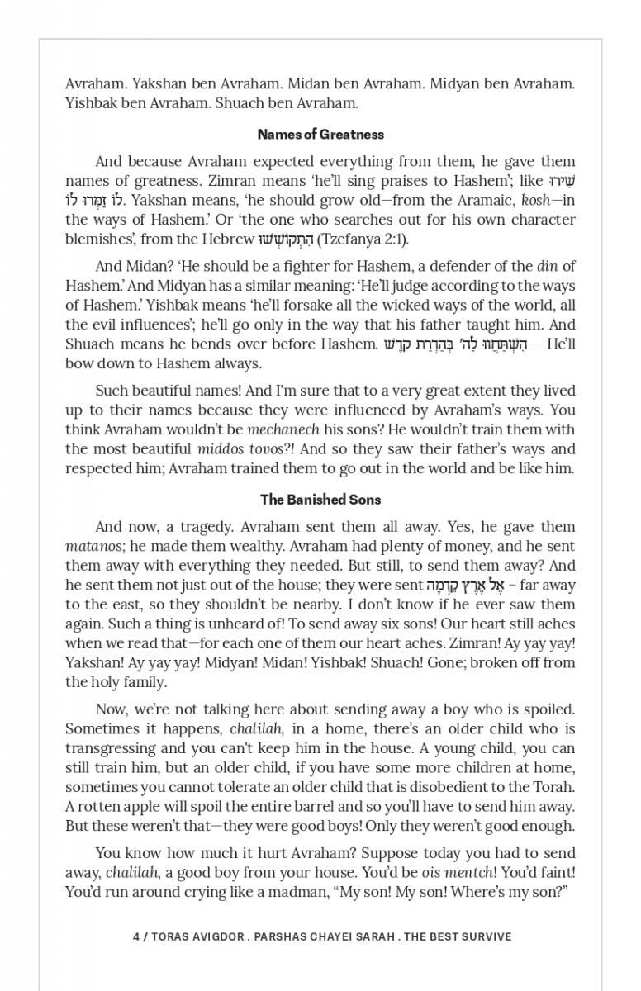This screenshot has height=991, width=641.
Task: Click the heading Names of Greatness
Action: click(x=320, y=134)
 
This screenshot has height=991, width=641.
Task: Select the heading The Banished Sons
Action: click(x=320, y=500)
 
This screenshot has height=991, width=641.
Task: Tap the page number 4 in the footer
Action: click(x=135, y=936)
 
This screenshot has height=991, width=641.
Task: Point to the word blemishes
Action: click(x=97, y=239)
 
